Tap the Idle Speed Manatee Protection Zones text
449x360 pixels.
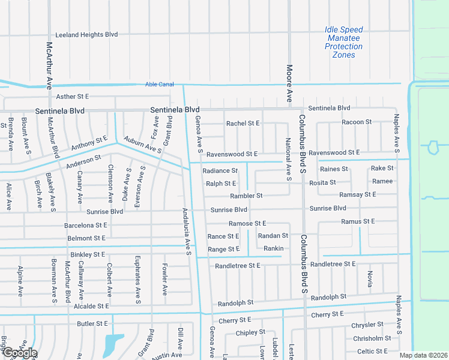tap(343, 42)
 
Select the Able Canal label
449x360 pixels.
tap(159, 85)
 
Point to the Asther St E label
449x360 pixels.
tap(72, 96)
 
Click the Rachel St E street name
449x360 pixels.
tap(243, 123)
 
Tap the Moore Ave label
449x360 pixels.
tap(289, 82)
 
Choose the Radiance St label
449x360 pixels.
tap(220, 170)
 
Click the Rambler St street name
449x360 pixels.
tap(246, 196)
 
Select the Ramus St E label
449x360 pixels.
tap(358, 221)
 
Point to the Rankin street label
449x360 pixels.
tap(273, 248)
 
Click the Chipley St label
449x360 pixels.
tap(250, 332)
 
